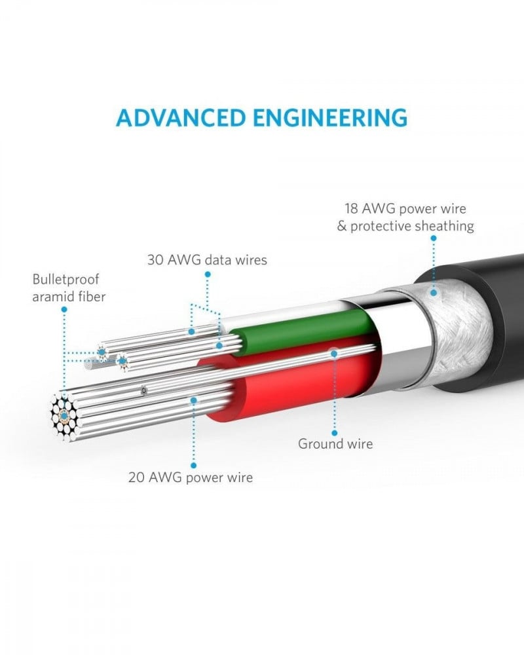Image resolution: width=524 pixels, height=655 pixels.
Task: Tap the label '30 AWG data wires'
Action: point(206,260)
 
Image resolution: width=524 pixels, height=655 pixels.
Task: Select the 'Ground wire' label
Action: point(335,443)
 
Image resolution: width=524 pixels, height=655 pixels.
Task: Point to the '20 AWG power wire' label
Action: point(191,477)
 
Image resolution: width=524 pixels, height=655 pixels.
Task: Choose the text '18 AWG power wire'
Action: point(405,210)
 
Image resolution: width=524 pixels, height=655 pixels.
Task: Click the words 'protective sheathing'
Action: point(412,227)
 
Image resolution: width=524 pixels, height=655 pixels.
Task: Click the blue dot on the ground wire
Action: point(334,353)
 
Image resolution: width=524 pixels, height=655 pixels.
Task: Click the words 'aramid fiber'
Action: point(69,297)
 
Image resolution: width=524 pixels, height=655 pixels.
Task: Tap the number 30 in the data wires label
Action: point(155,260)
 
